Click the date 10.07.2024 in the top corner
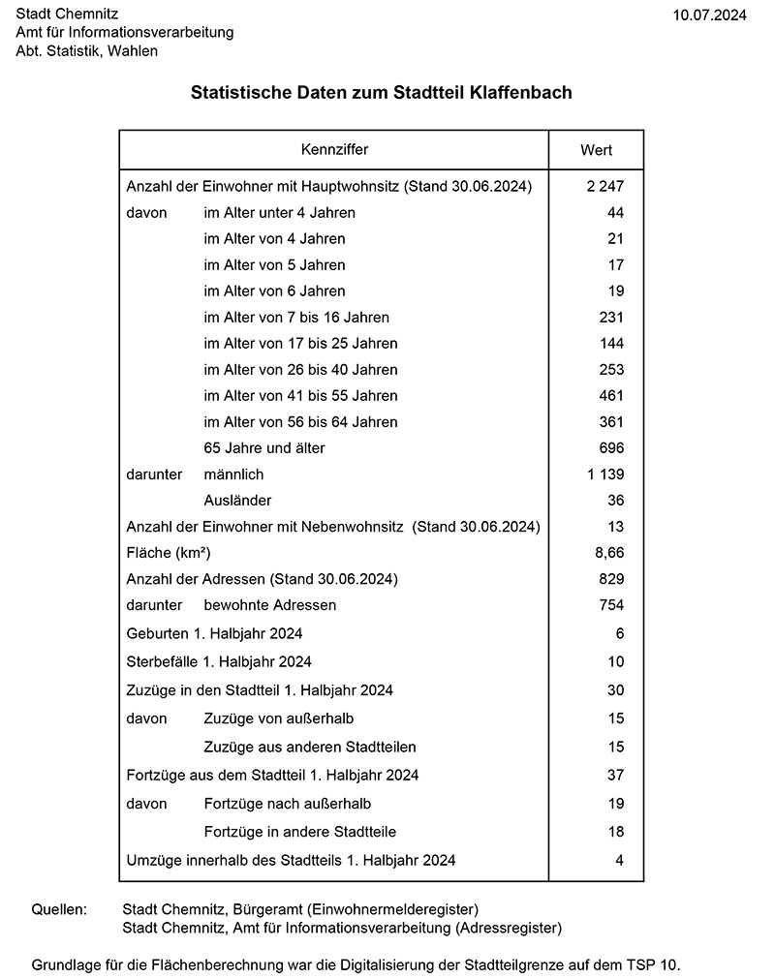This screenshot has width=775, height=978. (x=709, y=15)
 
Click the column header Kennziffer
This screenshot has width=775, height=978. (x=334, y=150)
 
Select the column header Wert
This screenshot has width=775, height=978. (x=596, y=150)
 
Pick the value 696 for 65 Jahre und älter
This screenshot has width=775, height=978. (x=611, y=448)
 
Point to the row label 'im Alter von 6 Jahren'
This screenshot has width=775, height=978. (x=274, y=290)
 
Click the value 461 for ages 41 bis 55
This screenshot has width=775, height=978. (x=611, y=396)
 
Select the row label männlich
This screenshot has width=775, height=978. (x=233, y=474)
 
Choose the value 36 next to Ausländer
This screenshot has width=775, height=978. (x=615, y=501)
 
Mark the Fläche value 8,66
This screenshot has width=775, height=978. (x=609, y=553)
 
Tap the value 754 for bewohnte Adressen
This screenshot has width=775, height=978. (x=611, y=605)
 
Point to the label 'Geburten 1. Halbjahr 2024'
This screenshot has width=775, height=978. (x=215, y=634)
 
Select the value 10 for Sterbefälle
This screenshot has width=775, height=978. (x=615, y=662)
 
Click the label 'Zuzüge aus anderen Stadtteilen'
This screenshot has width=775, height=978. (x=311, y=748)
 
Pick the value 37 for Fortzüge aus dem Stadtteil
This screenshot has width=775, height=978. (x=615, y=776)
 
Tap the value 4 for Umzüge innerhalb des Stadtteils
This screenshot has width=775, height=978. (x=619, y=860)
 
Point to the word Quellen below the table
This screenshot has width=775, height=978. (x=59, y=910)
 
